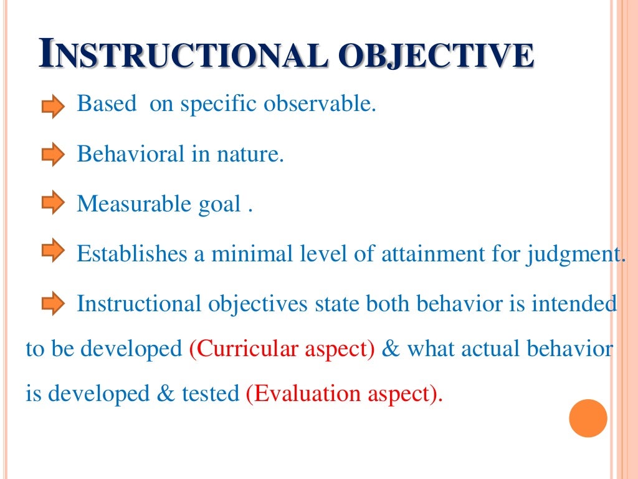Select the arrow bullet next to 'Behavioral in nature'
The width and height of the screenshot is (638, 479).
(53, 154)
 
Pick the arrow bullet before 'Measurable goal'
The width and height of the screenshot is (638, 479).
(53, 203)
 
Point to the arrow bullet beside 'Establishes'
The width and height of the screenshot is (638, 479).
(53, 251)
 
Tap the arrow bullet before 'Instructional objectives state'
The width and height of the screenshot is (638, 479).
(53, 303)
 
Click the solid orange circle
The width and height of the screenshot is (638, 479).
(588, 419)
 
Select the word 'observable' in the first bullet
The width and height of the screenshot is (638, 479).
(320, 104)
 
